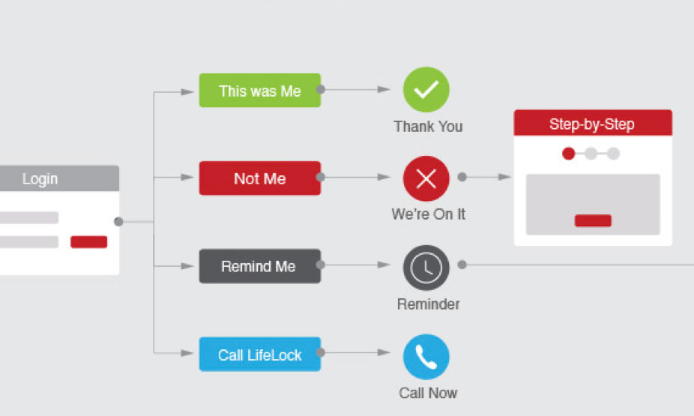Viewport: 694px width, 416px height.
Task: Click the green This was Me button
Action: click(259, 91)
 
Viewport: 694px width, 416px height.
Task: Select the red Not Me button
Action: click(259, 178)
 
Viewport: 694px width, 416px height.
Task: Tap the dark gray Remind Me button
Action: click(259, 266)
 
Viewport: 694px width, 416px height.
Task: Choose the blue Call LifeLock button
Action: click(259, 354)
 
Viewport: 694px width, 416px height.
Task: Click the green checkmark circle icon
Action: click(426, 90)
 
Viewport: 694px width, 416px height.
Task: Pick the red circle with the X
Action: click(426, 178)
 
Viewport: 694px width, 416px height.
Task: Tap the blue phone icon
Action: click(426, 357)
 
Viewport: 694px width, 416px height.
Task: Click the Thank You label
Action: click(428, 127)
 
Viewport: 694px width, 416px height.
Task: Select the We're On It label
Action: click(428, 214)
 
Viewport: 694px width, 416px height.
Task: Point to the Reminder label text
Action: click(428, 304)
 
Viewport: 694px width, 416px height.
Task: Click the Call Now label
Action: click(428, 393)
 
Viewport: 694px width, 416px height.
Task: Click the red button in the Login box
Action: click(88, 242)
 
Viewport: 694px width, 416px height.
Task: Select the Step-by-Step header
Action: click(592, 124)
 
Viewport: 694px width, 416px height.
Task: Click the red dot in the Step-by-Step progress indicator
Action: click(569, 154)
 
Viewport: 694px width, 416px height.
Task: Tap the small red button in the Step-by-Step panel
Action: click(593, 220)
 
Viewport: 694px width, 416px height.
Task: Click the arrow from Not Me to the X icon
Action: click(357, 178)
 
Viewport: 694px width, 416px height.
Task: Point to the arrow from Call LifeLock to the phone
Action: click(357, 353)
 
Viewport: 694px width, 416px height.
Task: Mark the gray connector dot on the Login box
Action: click(118, 221)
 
